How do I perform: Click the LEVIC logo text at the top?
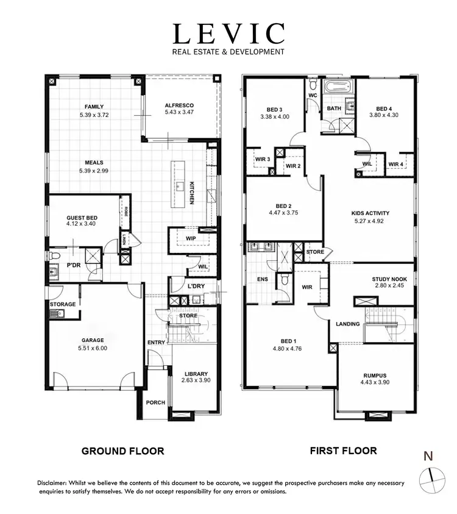tap(228, 34)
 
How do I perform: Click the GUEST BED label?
tap(82, 218)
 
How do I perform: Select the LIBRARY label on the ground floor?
tap(196, 374)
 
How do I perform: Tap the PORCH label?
tap(156, 403)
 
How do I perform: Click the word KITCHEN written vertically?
tap(191, 193)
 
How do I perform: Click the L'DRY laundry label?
tap(196, 286)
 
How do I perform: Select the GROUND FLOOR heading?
tap(122, 451)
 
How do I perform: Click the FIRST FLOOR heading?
tap(343, 451)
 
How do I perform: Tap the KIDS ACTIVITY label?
tap(370, 213)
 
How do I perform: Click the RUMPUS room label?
tap(375, 375)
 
